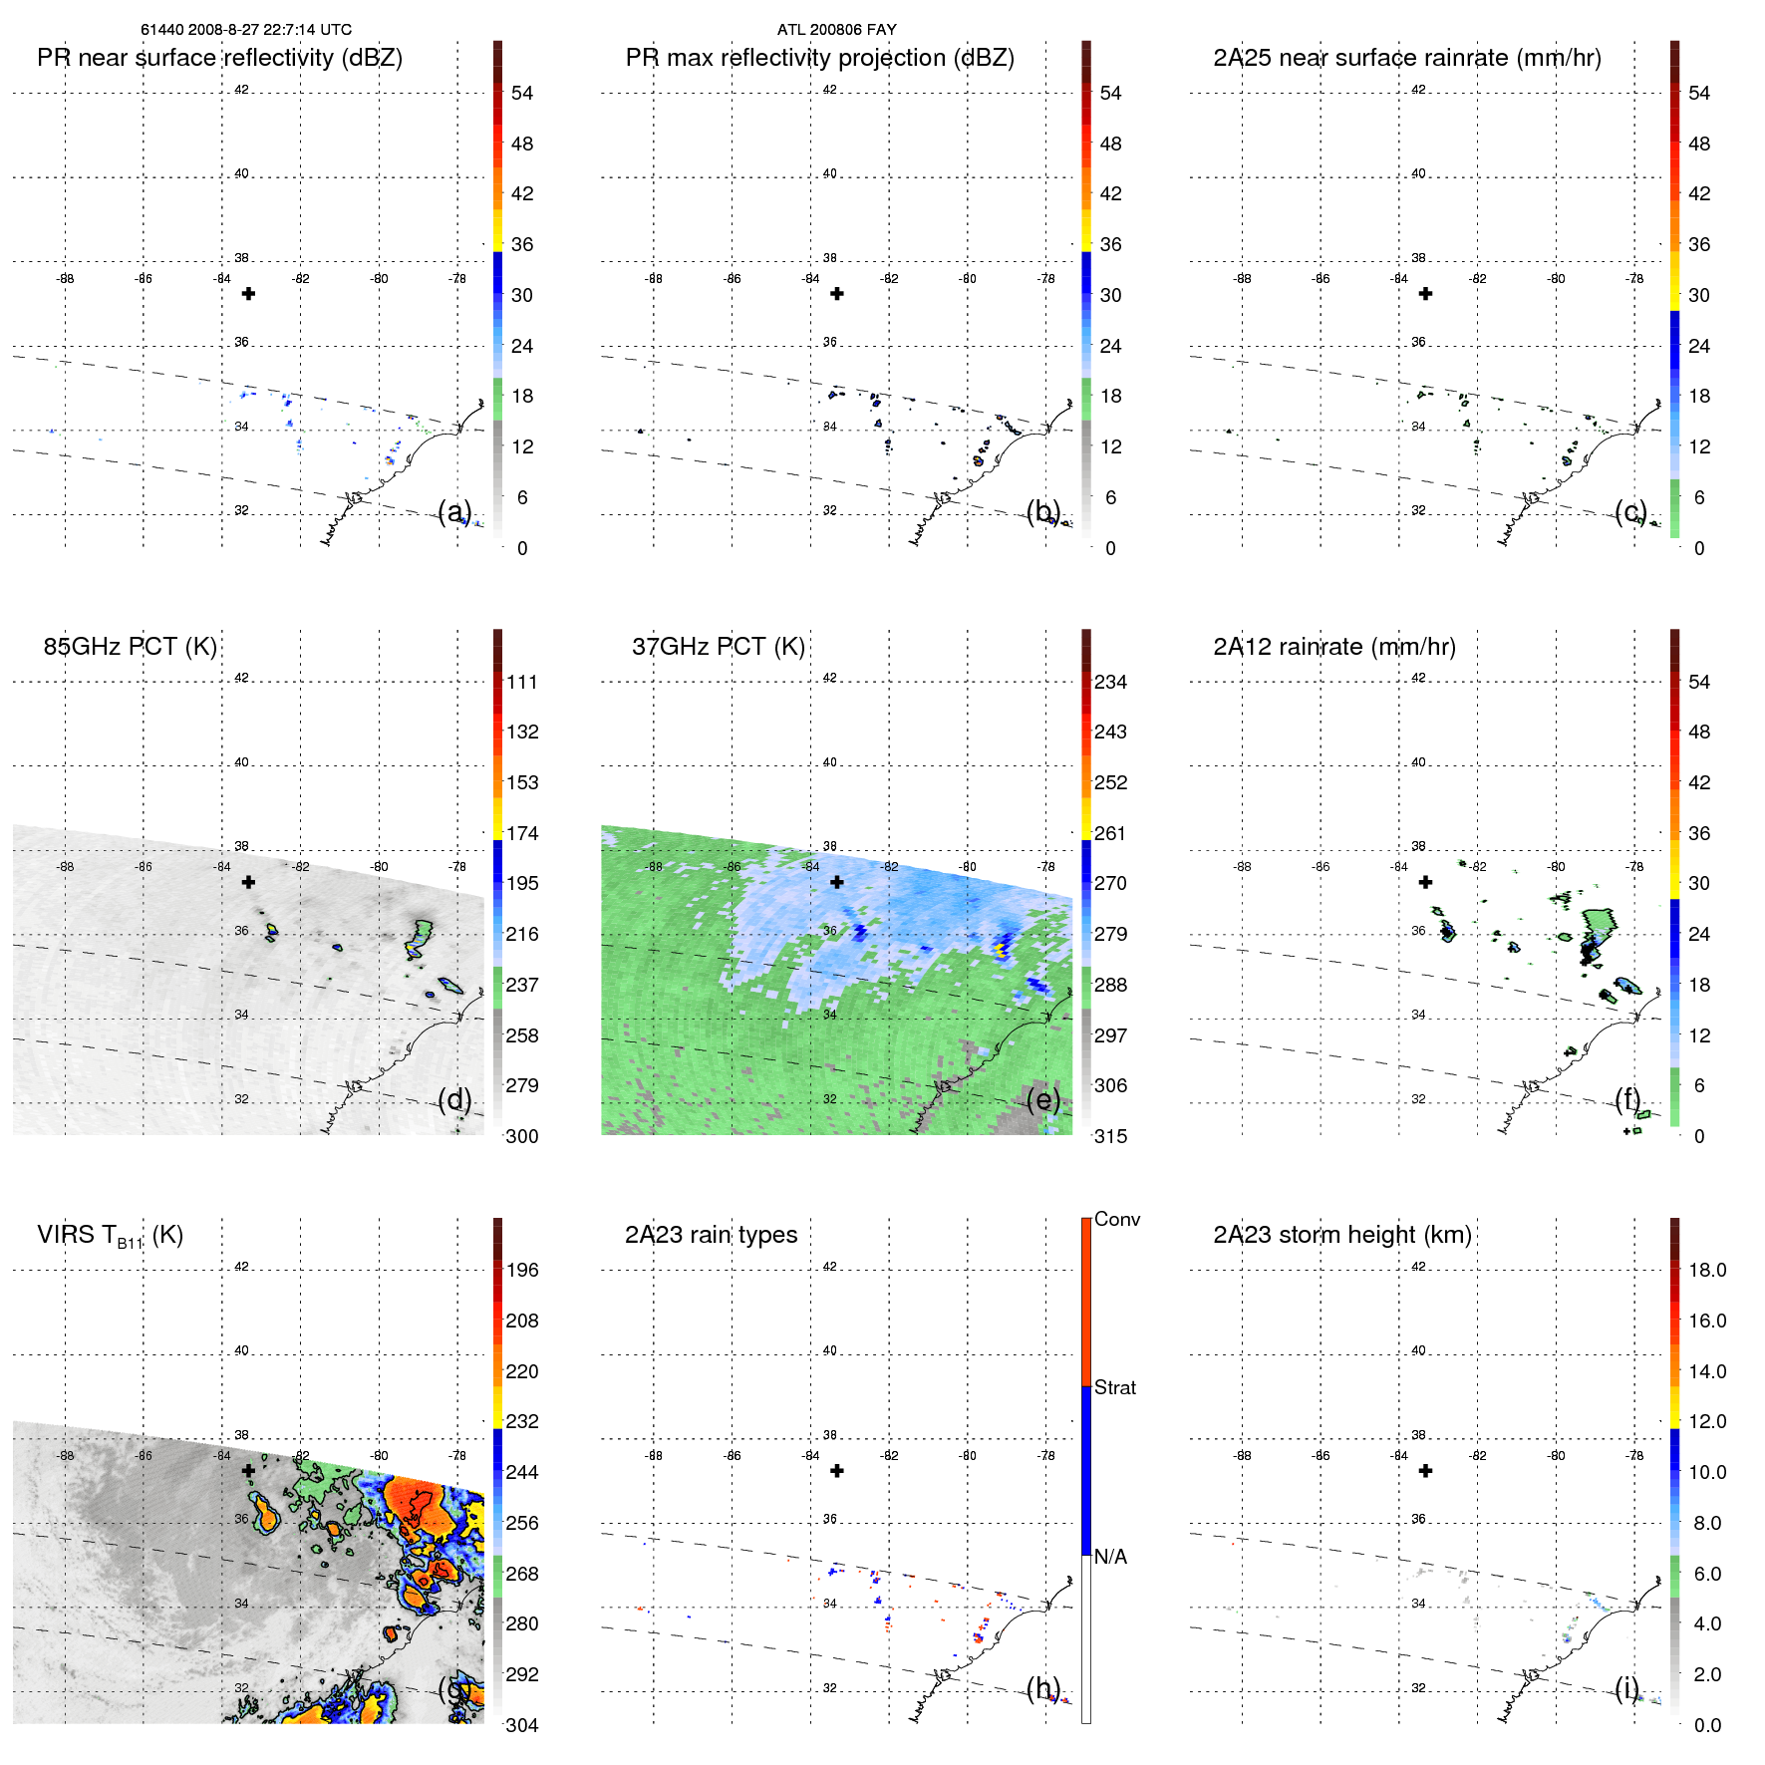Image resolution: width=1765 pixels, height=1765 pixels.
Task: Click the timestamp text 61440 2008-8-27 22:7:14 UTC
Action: [x=245, y=30]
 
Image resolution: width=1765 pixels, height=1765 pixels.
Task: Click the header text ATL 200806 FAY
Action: [x=836, y=30]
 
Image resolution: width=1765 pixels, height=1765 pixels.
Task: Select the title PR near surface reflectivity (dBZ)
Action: [x=219, y=58]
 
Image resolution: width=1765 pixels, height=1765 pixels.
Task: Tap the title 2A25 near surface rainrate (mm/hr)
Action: [x=1406, y=58]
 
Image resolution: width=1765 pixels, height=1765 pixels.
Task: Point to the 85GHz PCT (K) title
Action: [x=130, y=647]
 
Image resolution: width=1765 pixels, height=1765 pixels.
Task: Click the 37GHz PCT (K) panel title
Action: [x=718, y=647]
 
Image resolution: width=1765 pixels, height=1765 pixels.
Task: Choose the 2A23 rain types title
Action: [x=711, y=1235]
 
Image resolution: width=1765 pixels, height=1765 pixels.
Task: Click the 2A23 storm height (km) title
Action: [x=1341, y=1235]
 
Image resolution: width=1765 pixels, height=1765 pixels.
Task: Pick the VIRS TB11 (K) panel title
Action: [x=110, y=1236]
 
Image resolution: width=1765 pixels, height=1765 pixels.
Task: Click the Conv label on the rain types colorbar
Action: [x=1116, y=1219]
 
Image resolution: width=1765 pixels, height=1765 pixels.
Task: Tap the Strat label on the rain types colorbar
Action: [x=1114, y=1387]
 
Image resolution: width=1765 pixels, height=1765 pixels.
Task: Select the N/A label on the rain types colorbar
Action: [x=1110, y=1557]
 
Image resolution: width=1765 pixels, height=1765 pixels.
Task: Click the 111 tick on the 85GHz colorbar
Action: [x=522, y=682]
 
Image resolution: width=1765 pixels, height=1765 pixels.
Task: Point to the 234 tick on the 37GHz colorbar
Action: [x=1110, y=682]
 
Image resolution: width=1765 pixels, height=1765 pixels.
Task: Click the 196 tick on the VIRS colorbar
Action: [x=522, y=1270]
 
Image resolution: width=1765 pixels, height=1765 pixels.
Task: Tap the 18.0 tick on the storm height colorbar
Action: [x=1706, y=1270]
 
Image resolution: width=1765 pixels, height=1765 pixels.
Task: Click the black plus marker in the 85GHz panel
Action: [x=248, y=882]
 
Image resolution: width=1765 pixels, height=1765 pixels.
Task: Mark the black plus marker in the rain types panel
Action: [x=837, y=1471]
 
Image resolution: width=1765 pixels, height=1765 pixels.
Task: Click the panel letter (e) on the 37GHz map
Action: [x=1042, y=1099]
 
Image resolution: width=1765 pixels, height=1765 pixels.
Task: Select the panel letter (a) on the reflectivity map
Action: [x=454, y=511]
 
